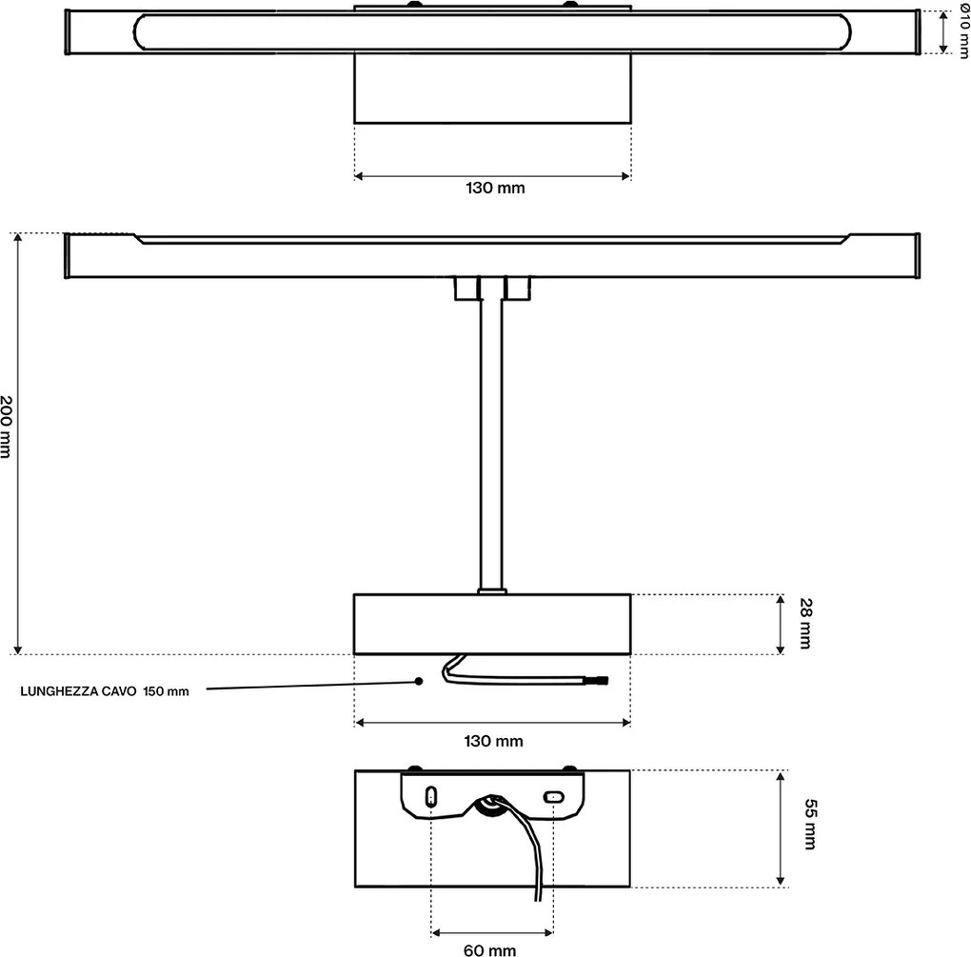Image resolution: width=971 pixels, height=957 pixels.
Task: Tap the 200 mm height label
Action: pos(7,427)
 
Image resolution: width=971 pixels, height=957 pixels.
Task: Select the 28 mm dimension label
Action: pos(805,623)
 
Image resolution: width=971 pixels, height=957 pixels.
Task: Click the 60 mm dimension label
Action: pos(490,949)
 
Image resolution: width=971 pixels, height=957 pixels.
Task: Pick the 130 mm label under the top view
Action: pos(495,188)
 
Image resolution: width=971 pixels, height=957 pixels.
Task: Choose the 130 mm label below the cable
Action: pos(493,741)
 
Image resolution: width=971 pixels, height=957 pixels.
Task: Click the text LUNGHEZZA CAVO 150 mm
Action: pos(105,691)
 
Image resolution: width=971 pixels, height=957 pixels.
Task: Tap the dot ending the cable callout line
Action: pos(419,681)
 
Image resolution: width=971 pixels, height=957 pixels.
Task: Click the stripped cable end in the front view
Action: pos(602,681)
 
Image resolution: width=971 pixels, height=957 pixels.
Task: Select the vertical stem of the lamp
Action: pos(491,444)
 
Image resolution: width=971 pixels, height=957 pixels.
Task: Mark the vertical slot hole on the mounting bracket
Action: pos(431,797)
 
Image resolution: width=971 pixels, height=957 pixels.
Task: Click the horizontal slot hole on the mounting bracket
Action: pos(554,797)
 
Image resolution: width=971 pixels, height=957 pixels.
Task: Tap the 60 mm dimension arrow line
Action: pos(492,932)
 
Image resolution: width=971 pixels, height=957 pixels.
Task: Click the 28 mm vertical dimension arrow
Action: pos(781,625)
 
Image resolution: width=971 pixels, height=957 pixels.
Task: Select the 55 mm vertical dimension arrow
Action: pos(781,828)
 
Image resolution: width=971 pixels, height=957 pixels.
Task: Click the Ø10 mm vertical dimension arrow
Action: pos(943,32)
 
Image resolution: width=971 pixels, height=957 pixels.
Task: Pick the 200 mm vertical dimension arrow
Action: pos(18,444)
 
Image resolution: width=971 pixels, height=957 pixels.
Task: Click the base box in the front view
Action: pos(492,625)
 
